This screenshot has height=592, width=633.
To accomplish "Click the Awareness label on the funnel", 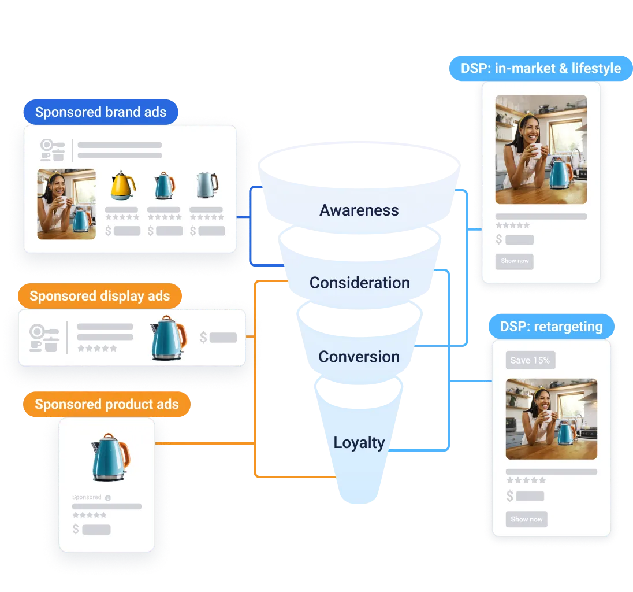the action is tap(359, 210).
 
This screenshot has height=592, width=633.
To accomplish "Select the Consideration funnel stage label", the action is tap(359, 283).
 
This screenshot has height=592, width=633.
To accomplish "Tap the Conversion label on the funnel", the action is tap(359, 357).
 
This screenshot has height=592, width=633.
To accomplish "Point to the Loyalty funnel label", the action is tap(359, 443).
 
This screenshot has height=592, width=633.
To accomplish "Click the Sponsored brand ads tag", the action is tap(100, 112).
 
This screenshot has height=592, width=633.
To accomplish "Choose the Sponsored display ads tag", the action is tap(100, 296).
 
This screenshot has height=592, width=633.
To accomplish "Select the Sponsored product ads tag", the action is tap(107, 404).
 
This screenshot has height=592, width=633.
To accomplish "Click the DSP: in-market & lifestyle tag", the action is tap(541, 68).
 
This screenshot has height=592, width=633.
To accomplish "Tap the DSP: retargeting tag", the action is tap(552, 327).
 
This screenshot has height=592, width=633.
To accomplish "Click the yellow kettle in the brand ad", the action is tap(122, 186).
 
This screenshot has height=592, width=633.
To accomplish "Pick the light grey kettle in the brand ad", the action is tap(206, 186).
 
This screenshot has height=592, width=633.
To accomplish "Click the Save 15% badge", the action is tap(530, 360).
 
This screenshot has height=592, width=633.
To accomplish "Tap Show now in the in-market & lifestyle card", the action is tap(515, 261).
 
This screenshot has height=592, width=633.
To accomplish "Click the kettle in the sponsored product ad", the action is tap(110, 457).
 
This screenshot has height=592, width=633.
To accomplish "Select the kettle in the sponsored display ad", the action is tap(167, 338).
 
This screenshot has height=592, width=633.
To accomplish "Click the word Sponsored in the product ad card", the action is tap(87, 497).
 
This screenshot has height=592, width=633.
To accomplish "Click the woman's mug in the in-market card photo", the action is tap(536, 150).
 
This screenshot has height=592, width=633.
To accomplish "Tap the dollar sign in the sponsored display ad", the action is tap(203, 338).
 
